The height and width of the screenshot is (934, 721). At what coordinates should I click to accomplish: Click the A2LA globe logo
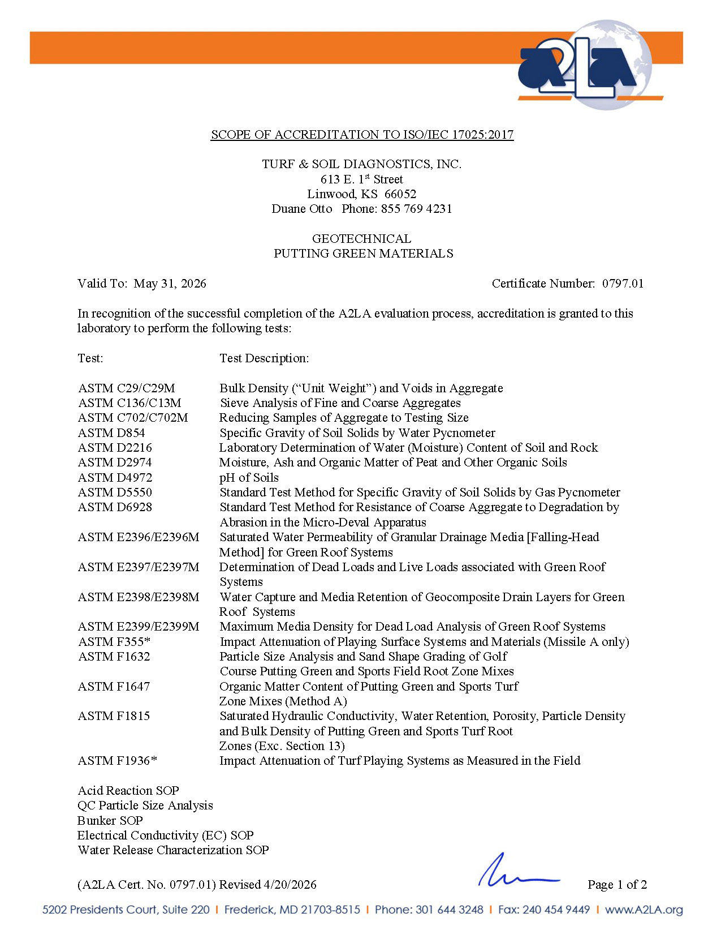[x=588, y=65]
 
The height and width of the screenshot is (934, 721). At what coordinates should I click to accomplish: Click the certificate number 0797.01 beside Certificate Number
[x=623, y=284]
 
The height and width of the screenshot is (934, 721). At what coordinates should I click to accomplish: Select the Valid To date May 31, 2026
[x=170, y=284]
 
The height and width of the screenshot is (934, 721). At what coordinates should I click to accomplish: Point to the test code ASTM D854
[x=111, y=433]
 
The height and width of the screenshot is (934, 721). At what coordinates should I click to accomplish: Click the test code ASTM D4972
[x=115, y=478]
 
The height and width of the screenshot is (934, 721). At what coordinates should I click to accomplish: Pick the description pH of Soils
[x=249, y=478]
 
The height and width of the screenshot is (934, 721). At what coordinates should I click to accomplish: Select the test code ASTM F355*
[x=114, y=642]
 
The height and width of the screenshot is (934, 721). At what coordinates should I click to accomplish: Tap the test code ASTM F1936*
[x=117, y=761]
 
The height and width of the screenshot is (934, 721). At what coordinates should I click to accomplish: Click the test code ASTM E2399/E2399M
[x=139, y=627]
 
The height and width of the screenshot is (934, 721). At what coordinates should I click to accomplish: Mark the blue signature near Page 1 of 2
[x=517, y=872]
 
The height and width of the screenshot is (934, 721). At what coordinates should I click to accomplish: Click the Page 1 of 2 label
[x=617, y=885]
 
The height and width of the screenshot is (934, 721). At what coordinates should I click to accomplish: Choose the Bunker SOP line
[x=110, y=821]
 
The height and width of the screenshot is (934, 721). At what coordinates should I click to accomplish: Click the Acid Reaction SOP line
[x=128, y=791]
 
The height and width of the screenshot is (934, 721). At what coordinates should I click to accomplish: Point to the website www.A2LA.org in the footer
[x=644, y=910]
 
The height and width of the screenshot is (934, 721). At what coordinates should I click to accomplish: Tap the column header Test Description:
[x=264, y=358]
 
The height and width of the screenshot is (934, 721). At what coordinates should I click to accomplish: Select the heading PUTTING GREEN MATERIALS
[x=363, y=254]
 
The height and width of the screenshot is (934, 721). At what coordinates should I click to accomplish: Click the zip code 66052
[x=400, y=194]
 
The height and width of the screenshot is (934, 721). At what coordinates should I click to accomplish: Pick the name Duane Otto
[x=302, y=209]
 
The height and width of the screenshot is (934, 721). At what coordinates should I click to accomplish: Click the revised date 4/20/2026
[x=290, y=885]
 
